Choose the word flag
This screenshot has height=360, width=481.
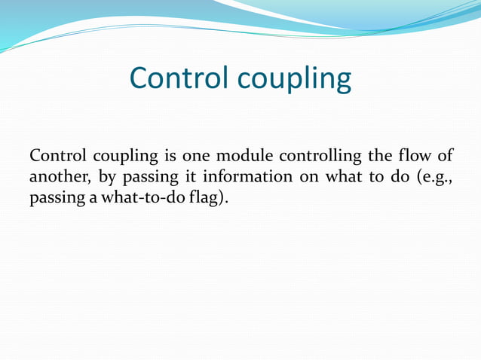[209, 200]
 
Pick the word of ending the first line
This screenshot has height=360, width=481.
[446, 157]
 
